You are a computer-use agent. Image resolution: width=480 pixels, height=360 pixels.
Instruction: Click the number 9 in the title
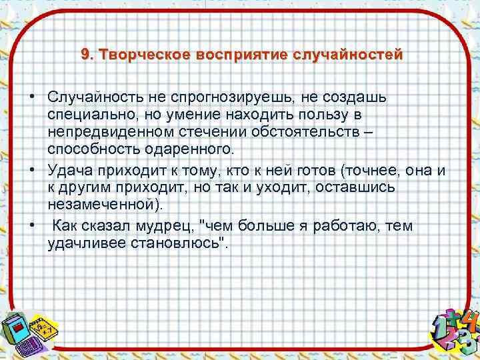[85, 54]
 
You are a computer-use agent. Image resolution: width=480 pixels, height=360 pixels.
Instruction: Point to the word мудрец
[170, 227]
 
